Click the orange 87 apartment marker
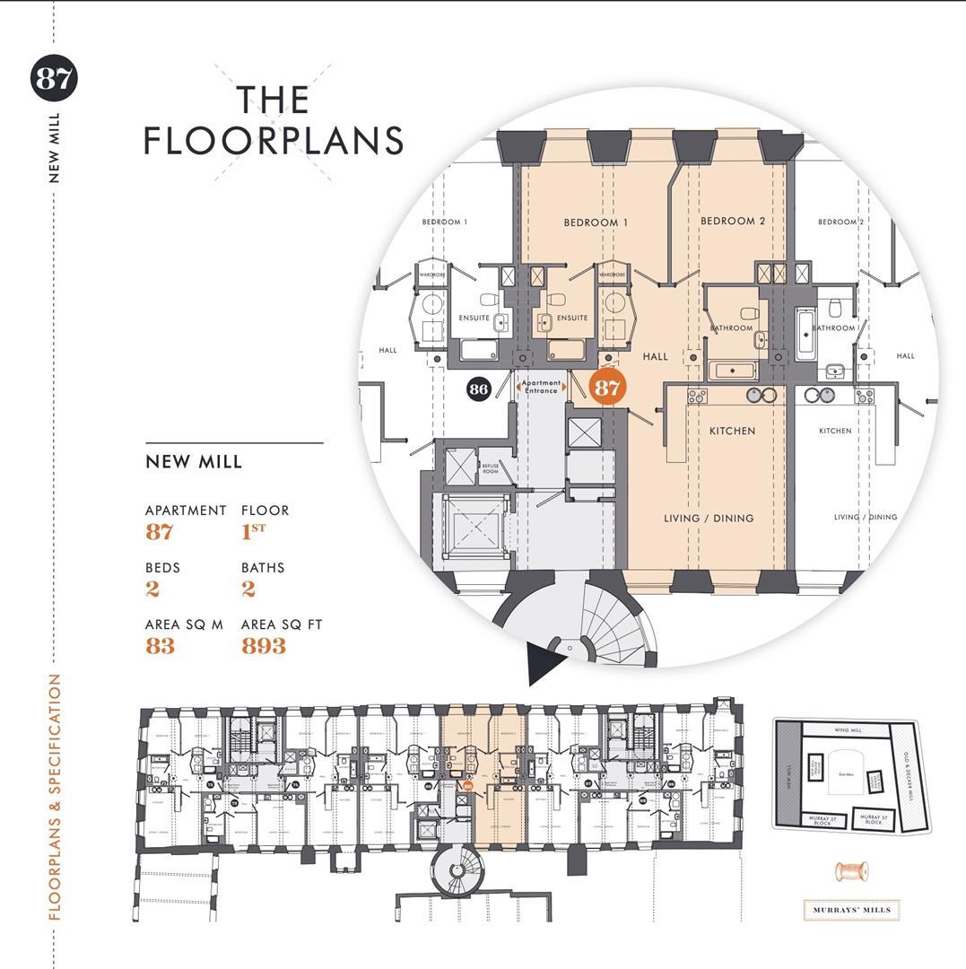tap(607, 388)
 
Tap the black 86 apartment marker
tap(479, 388)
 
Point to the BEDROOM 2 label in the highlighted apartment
tap(733, 221)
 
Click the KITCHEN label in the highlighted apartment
tap(733, 431)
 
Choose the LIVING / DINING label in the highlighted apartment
tap(709, 518)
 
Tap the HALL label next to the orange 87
tap(656, 356)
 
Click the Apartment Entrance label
tap(541, 387)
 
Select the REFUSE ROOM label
tap(491, 468)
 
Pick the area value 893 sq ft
tap(264, 646)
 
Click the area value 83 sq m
tap(160, 646)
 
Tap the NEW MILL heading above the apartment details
tap(194, 462)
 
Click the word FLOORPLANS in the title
tap(274, 141)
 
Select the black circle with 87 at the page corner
tap(54, 78)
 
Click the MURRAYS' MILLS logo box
tap(851, 910)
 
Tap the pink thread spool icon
tap(850, 871)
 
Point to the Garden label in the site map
tap(846, 773)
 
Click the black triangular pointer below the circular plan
tap(544, 662)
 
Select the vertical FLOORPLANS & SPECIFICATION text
tap(55, 797)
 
